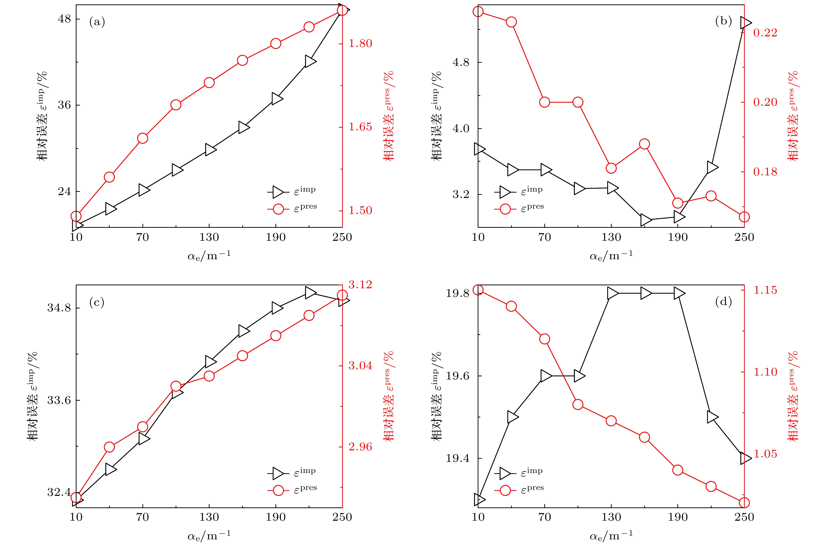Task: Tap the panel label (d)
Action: pyautogui.click(x=723, y=301)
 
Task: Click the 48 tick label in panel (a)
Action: pyautogui.click(x=64, y=19)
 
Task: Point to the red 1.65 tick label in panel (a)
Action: pyautogui.click(x=360, y=127)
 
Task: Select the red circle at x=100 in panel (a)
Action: pyautogui.click(x=176, y=105)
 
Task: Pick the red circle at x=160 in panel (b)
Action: pyautogui.click(x=644, y=144)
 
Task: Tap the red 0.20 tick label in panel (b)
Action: pyautogui.click(x=765, y=102)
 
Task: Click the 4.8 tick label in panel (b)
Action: pyautogui.click(x=461, y=62)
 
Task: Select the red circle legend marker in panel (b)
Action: pyautogui.click(x=505, y=209)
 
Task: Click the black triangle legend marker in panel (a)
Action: pyautogui.click(x=278, y=192)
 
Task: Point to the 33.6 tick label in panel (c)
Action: pyautogui.click(x=59, y=400)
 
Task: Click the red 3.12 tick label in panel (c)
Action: pyautogui.click(x=360, y=285)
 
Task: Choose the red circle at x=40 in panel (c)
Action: pyautogui.click(x=109, y=447)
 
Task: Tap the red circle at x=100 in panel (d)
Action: pyautogui.click(x=578, y=405)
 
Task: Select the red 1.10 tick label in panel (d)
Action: pyautogui.click(x=765, y=372)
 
